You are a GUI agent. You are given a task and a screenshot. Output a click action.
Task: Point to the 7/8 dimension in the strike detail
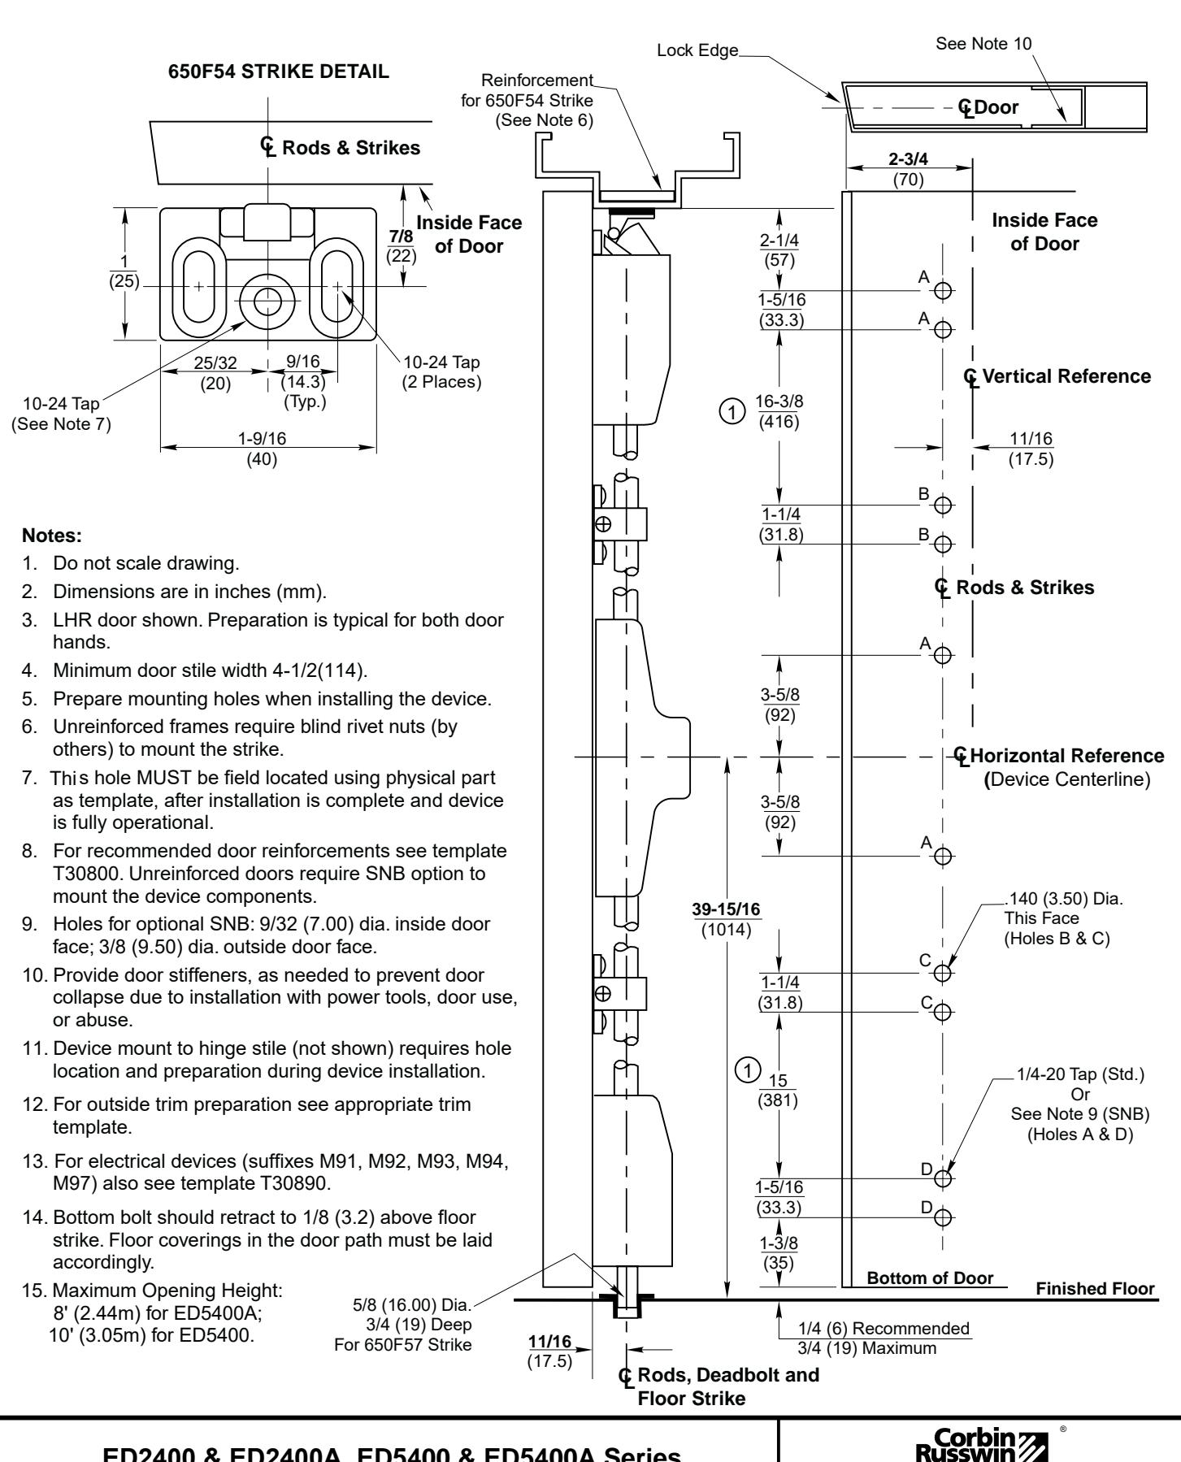(401, 236)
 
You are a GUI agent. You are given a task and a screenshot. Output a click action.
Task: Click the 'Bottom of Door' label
(930, 1278)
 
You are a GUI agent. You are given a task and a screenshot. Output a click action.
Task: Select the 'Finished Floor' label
(1095, 1289)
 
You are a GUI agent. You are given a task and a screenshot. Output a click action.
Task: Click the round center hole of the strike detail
(265, 302)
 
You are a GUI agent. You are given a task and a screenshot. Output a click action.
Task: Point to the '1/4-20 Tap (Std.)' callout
(1079, 1075)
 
